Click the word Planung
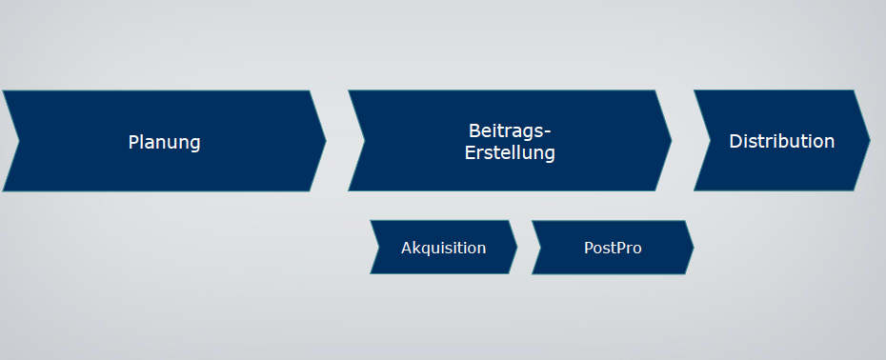[165, 142]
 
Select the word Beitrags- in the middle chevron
[510, 130]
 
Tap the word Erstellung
[510, 152]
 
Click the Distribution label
[781, 141]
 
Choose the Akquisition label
[443, 248]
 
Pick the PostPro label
[613, 248]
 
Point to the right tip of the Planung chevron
[326, 141]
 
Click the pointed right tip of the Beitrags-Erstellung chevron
[671, 141]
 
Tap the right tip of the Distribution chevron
[869, 140]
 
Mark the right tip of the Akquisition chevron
[516, 247]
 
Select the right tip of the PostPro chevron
[693, 248]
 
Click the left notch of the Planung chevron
[19, 141]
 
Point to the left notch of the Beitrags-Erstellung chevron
[365, 141]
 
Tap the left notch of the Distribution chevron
[710, 140]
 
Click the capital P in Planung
[134, 142]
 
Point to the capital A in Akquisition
[407, 248]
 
